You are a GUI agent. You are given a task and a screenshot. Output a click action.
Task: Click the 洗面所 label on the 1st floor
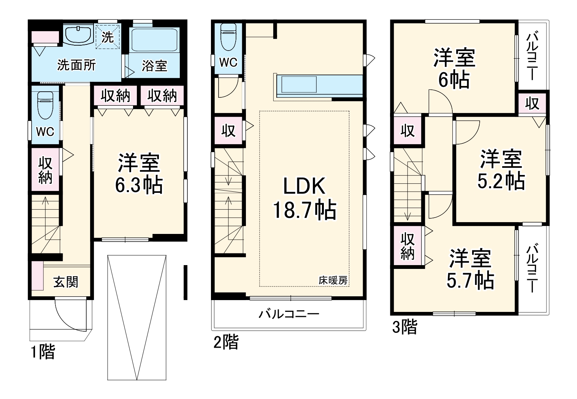pyautogui.click(x=76, y=65)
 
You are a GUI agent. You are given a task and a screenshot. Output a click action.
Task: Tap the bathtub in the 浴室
pyautogui.click(x=154, y=40)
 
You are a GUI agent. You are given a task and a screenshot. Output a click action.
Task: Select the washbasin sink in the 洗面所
pyautogui.click(x=78, y=36)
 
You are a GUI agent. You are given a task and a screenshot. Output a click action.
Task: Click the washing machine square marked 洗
pyautogui.click(x=108, y=36)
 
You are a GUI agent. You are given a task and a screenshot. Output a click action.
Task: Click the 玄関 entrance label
pyautogui.click(x=66, y=282)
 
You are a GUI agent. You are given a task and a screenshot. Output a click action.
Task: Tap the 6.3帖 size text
pyautogui.click(x=139, y=184)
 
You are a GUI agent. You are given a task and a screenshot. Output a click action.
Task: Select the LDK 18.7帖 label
pyautogui.click(x=304, y=198)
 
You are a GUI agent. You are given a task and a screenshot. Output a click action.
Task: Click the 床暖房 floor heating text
pyautogui.click(x=333, y=280)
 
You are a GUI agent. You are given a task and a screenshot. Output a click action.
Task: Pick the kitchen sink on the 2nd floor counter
pyautogui.click(x=299, y=84)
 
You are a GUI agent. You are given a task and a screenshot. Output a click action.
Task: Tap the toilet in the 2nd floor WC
pyautogui.click(x=228, y=37)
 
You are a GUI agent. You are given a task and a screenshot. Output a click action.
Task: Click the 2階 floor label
pyautogui.click(x=226, y=342)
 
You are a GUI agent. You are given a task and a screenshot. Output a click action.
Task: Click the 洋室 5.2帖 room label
pyautogui.click(x=501, y=169)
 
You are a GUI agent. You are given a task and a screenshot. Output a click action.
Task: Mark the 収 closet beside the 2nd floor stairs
pyautogui.click(x=228, y=131)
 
